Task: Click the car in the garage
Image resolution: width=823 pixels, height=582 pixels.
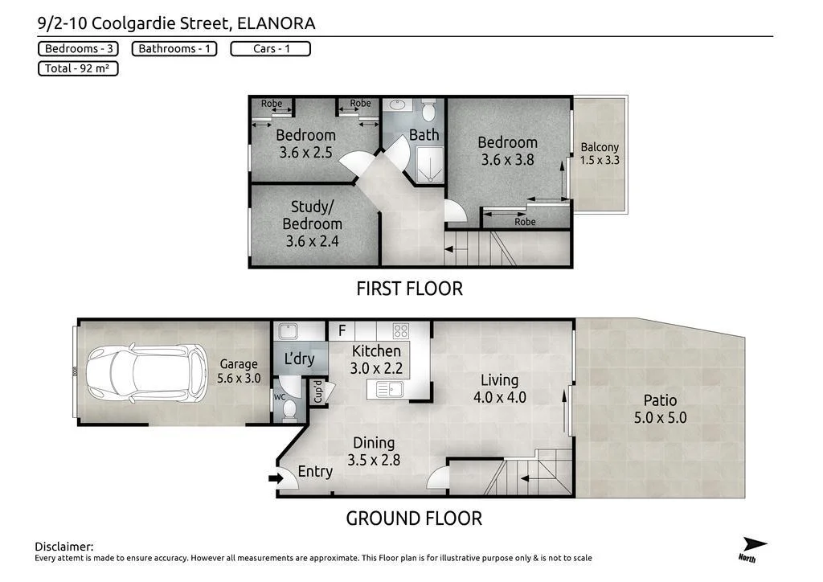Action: coord(146,373)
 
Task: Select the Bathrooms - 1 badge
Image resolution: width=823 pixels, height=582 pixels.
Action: coord(174,49)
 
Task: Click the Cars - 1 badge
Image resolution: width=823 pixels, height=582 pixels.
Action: coord(270,49)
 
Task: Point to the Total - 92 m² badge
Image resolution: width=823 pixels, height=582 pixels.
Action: coord(78,69)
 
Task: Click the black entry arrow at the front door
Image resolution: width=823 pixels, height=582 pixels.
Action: coord(276,479)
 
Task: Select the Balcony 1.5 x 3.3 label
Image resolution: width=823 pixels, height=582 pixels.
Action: coord(600,154)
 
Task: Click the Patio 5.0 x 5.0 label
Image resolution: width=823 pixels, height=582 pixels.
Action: coord(659,408)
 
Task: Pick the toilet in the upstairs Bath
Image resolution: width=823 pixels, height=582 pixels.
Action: coord(428,109)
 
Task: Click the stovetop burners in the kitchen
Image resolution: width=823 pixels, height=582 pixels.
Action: coord(399,330)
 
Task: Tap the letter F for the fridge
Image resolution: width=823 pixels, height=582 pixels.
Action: coord(342,330)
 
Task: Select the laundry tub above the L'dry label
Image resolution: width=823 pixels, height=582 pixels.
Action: coord(286,330)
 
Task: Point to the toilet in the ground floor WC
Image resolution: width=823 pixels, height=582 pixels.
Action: coord(289,408)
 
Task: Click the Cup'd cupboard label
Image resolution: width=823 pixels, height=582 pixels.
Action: coord(318,391)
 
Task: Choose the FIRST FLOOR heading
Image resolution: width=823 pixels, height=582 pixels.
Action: coord(410,288)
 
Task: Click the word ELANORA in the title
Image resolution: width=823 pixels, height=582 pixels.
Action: coord(276,23)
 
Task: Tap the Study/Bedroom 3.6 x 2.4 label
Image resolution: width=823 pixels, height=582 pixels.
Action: coord(312,224)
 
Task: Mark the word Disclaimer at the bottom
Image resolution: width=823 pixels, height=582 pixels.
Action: coord(64,547)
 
